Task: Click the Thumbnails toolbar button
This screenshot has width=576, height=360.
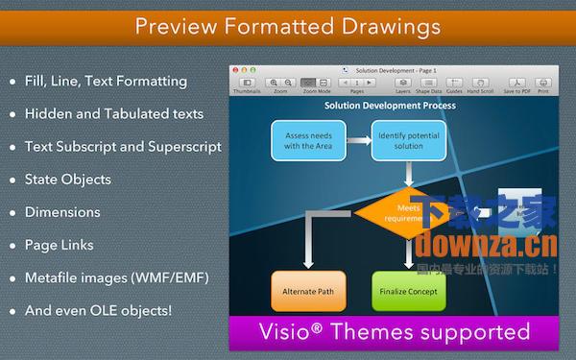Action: [247, 84]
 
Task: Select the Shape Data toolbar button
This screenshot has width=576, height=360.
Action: [427, 84]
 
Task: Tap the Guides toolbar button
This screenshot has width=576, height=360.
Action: [452, 84]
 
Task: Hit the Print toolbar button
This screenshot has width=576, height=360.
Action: [543, 84]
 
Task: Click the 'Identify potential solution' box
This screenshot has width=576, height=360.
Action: [408, 140]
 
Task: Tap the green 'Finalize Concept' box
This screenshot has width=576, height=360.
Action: [409, 290]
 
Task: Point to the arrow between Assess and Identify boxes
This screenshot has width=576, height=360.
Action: [357, 141]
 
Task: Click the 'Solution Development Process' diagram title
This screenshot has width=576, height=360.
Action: [389, 106]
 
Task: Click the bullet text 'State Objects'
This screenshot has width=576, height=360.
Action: [67, 180]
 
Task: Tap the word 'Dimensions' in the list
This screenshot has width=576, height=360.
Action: [62, 212]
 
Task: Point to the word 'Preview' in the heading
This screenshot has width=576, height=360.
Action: [178, 25]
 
